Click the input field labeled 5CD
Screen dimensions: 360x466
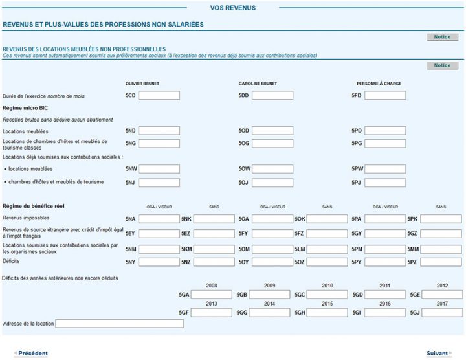[x=159, y=96]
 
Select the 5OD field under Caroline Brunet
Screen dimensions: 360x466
[x=272, y=131]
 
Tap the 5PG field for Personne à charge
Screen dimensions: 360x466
[x=385, y=143]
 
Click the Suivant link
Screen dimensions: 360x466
[x=438, y=353]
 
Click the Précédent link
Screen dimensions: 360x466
[x=32, y=353]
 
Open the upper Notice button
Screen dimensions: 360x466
[x=443, y=37]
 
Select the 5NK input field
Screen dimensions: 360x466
[x=214, y=219]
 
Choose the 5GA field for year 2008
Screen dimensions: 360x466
[x=211, y=295]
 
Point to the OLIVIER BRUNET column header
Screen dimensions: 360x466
[x=142, y=84]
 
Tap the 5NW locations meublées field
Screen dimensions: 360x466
[x=159, y=169]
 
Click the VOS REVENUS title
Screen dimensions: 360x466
[x=233, y=8]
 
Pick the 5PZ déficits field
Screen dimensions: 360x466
[x=441, y=262]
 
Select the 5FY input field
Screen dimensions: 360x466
[x=272, y=233]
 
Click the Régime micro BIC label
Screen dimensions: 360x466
[x=25, y=108]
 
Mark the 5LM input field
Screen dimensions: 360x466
[x=327, y=249]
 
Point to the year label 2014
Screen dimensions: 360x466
[x=269, y=304]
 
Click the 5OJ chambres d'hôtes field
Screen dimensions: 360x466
[x=272, y=183]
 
